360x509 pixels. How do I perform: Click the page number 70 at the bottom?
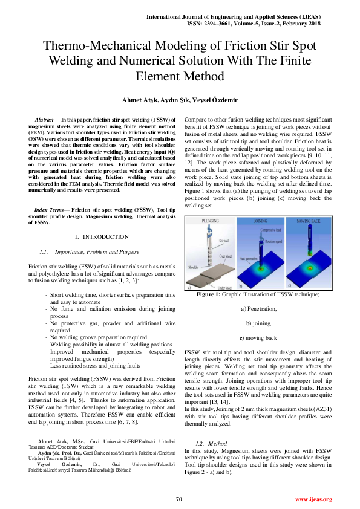pyautogui.click(x=179, y=499)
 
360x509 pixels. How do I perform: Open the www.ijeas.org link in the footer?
pyautogui.click(x=313, y=499)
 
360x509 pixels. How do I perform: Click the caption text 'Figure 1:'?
pyautogui.click(x=210, y=294)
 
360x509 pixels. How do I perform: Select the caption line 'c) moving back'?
pyautogui.click(x=258, y=337)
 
